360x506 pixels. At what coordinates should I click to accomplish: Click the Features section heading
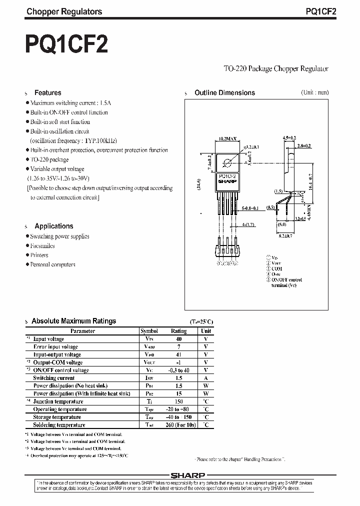(47, 92)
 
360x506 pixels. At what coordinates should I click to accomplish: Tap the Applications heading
(53, 226)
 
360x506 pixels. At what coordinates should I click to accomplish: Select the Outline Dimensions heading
(224, 92)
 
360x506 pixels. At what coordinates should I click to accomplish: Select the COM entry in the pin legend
(277, 268)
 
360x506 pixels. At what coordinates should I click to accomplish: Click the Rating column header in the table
(178, 331)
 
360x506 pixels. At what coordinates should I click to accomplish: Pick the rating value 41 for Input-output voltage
(178, 354)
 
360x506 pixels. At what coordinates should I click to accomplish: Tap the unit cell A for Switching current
(205, 378)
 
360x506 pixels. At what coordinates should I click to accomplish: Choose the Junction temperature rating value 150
(178, 401)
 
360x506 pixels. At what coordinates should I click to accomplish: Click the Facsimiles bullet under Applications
(42, 245)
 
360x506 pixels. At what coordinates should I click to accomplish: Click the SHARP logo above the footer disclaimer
(187, 475)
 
